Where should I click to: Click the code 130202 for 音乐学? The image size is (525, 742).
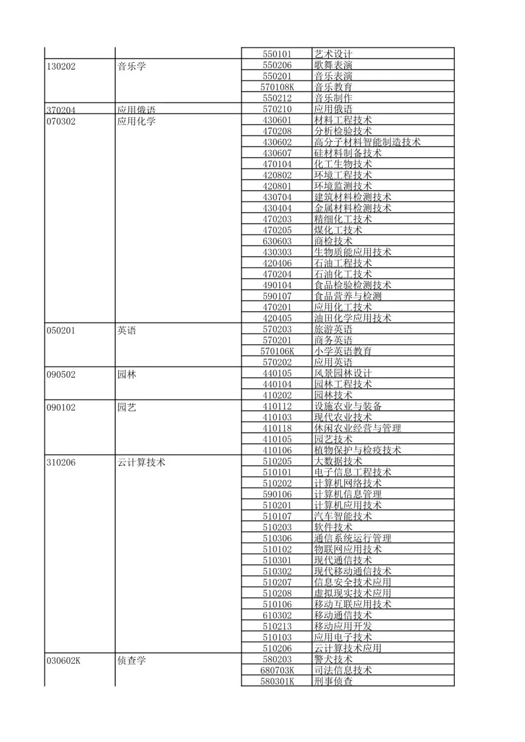61,67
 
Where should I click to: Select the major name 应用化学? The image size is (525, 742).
136,121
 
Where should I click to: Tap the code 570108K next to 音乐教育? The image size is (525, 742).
277,87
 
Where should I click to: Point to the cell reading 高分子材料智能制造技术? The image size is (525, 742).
367,142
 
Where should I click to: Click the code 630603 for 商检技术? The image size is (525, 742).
277,242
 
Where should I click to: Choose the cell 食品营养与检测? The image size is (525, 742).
348,296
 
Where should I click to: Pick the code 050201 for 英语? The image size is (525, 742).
61,331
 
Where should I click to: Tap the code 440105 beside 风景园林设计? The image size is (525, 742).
277,373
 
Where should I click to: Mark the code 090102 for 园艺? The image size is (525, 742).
61,408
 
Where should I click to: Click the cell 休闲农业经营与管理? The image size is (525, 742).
357,429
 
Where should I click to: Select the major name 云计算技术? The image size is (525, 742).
141,463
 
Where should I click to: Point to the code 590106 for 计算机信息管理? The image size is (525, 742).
277,495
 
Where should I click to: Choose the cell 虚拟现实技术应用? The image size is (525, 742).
352,593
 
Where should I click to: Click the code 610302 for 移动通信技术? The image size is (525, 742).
277,616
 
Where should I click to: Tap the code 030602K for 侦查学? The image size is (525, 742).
64,661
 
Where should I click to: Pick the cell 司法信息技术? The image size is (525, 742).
343,671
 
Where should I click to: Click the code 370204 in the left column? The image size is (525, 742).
61,110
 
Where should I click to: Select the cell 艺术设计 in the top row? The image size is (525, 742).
333,54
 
